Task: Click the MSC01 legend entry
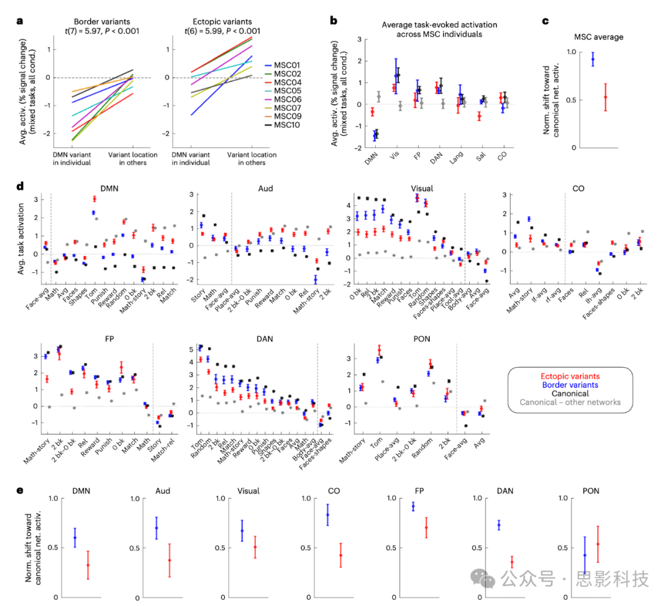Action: pos(288,65)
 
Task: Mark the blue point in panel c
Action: pos(593,60)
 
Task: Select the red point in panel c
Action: pos(605,97)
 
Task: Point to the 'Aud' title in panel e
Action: pos(163,492)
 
